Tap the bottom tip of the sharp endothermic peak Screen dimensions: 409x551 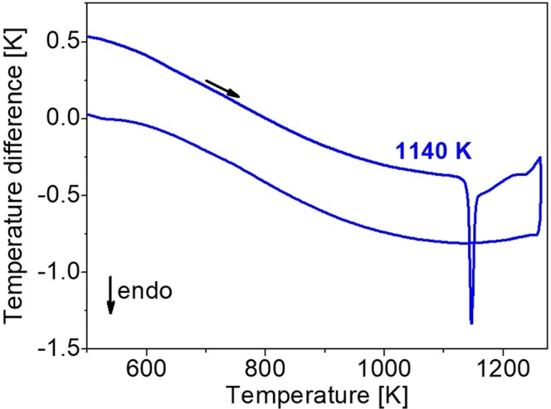tap(471, 323)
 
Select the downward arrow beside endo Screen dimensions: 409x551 tap(110, 296)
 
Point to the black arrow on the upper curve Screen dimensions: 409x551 tap(222, 89)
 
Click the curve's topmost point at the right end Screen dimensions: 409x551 tap(540, 158)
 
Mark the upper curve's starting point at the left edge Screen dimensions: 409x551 tap(88, 37)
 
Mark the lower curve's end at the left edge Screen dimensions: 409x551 tap(88, 114)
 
